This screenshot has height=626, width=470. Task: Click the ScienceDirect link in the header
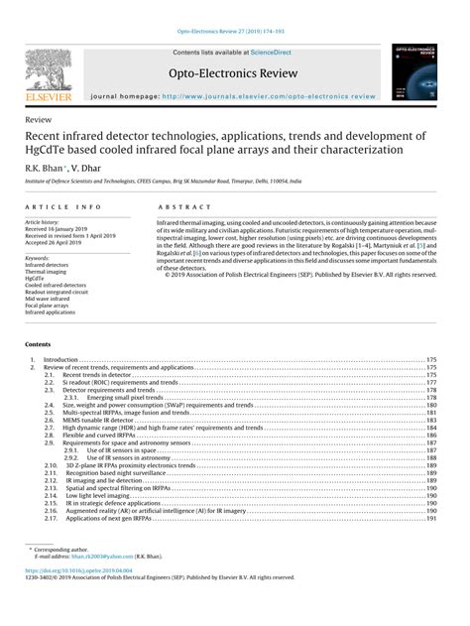[270, 52]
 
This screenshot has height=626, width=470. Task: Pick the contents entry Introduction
[61, 359]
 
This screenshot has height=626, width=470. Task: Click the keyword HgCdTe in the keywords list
[37, 280]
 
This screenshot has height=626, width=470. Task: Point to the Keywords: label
[38, 258]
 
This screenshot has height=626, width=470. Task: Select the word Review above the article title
[37, 118]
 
